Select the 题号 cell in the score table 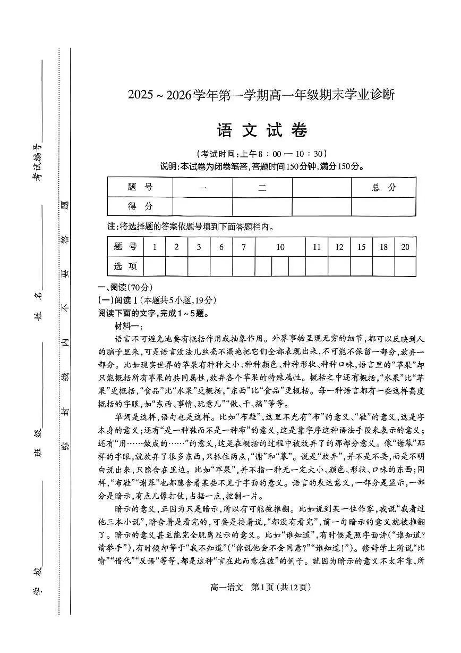[140, 187]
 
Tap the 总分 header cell [384, 187]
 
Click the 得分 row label [140, 206]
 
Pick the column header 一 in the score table [203, 187]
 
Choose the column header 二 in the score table [262, 187]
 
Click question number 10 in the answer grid [280, 247]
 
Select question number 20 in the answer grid [405, 247]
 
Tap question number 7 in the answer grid [243, 247]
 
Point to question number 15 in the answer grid [361, 247]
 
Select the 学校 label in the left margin [37, 580]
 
